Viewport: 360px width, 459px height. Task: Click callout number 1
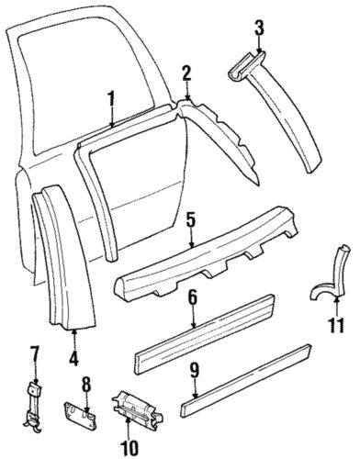point(111,99)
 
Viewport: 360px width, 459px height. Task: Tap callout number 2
point(186,74)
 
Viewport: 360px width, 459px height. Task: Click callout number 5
point(191,246)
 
